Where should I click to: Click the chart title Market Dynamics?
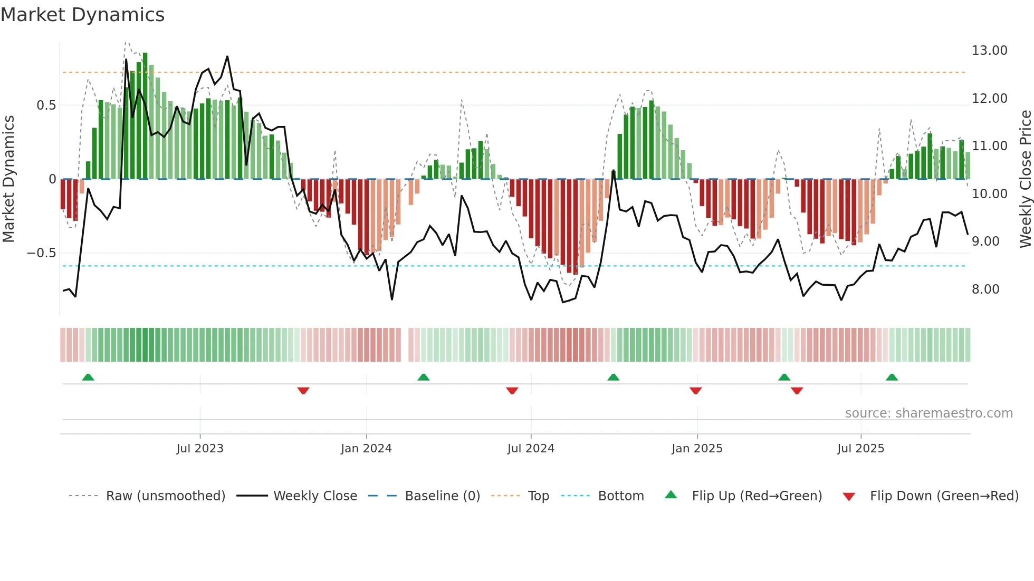pos(82,15)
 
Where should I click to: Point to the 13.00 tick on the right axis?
pos(989,51)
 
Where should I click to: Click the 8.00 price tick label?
pos(985,289)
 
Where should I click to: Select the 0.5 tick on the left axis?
pos(46,105)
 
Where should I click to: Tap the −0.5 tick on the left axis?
pos(41,253)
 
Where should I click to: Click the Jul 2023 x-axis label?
pos(200,449)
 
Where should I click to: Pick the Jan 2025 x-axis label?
pos(697,449)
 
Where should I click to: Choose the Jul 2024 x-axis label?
pos(531,449)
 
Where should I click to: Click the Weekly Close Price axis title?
pos(1025,179)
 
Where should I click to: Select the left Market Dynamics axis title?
pos(8,179)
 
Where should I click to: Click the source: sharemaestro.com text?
pos(928,413)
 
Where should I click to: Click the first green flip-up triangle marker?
pos(88,377)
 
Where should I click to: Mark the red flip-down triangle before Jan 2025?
pos(695,391)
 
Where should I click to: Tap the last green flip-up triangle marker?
pos(892,377)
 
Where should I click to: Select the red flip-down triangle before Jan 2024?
pos(303,391)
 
